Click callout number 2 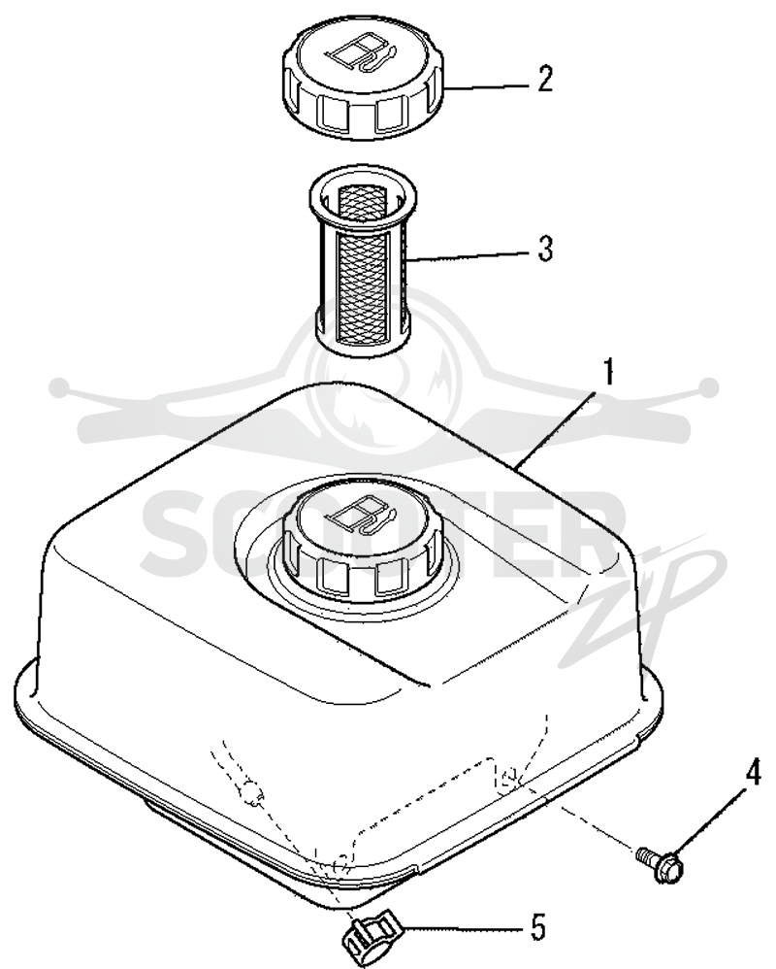544,79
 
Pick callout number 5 538,927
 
